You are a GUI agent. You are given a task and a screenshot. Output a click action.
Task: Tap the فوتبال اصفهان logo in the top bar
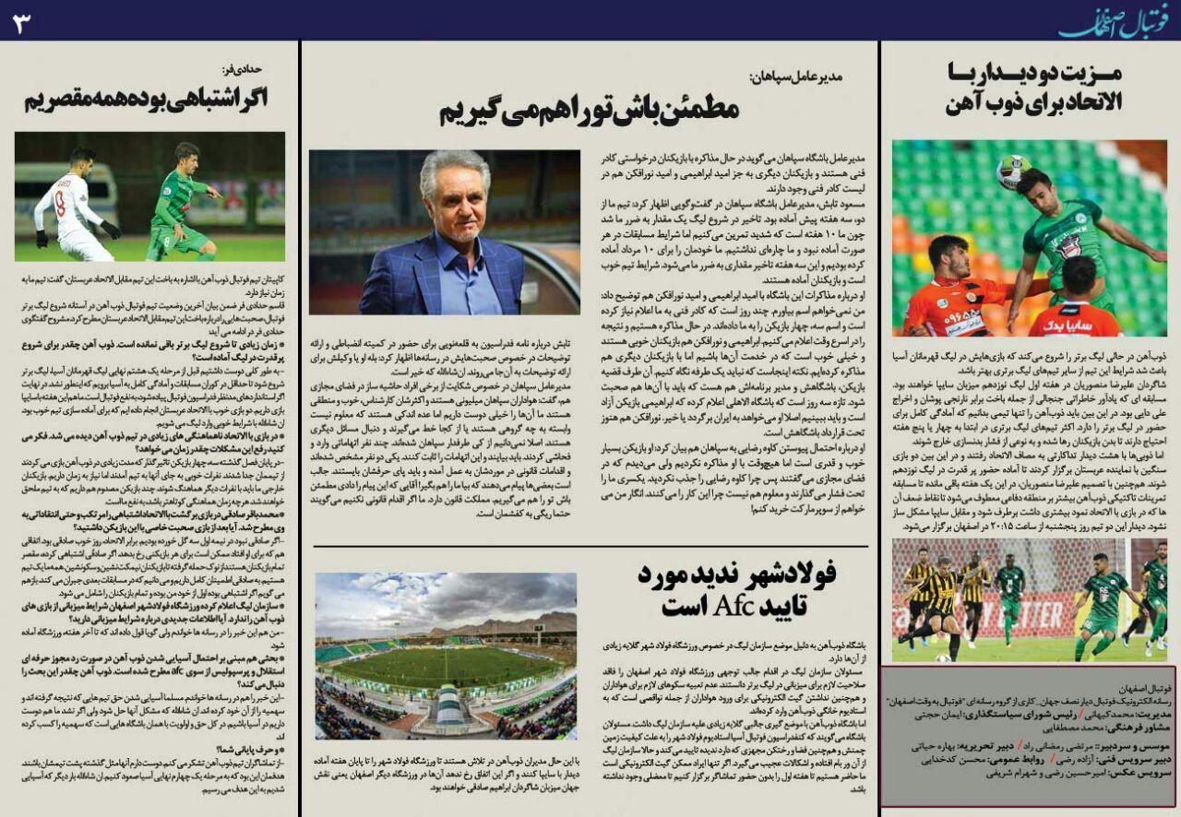(x=1114, y=21)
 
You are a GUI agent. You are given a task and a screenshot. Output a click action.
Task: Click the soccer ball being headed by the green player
(x=1013, y=170)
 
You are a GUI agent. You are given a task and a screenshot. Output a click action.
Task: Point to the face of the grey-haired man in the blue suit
(x=455, y=196)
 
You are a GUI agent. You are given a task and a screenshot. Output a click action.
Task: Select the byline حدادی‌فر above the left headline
(x=244, y=69)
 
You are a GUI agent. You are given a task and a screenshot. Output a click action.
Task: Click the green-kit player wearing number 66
(x=1105, y=599)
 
